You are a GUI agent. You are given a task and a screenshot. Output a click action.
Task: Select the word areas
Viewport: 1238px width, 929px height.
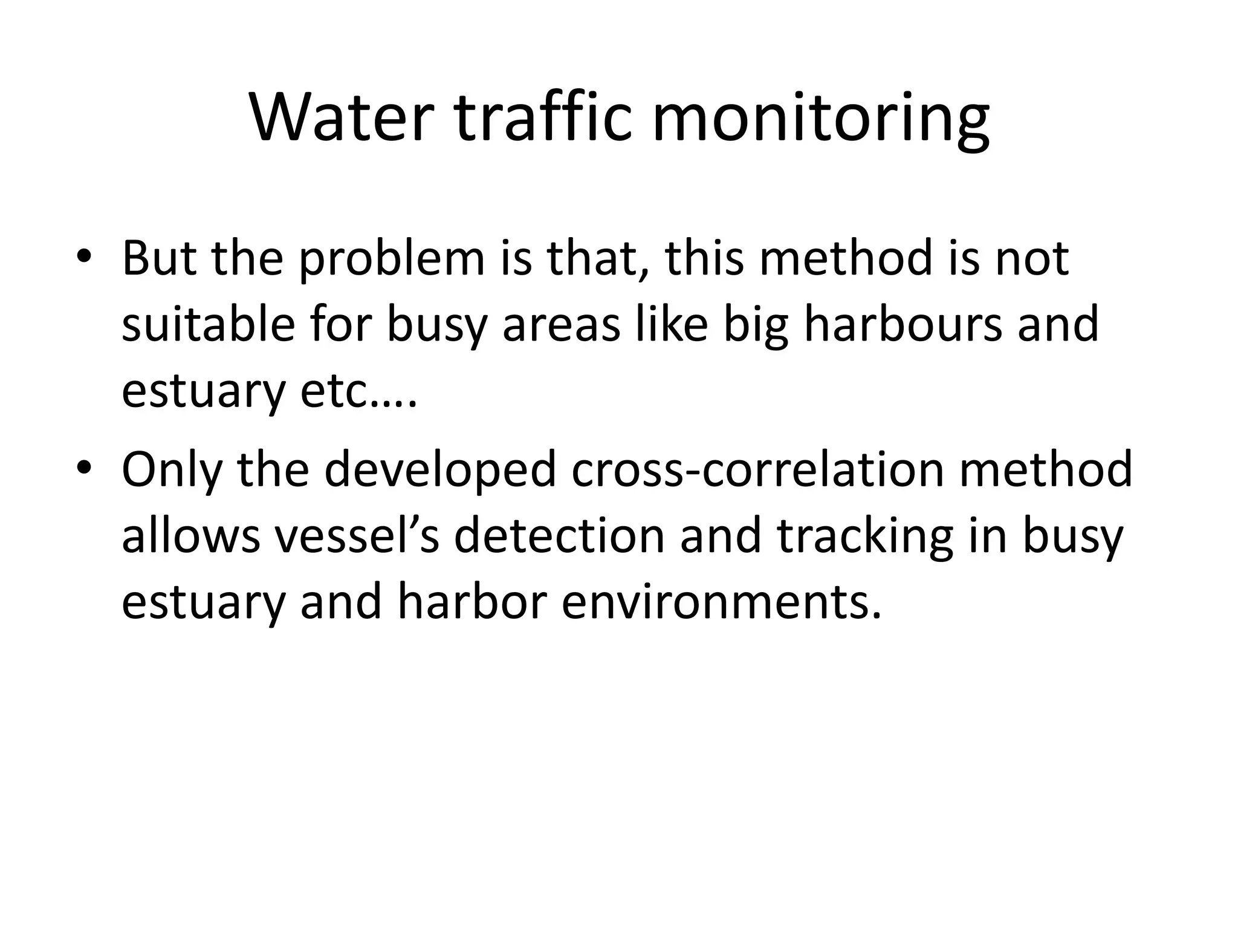coord(562,324)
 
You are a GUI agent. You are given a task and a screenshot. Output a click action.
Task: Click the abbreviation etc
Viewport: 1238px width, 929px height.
coord(358,391)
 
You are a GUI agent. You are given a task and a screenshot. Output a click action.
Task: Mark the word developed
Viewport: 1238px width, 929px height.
coord(439,469)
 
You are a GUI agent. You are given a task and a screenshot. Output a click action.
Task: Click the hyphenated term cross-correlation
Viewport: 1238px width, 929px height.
coord(757,469)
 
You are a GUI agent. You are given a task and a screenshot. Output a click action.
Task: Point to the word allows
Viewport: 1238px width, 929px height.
coord(190,536)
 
